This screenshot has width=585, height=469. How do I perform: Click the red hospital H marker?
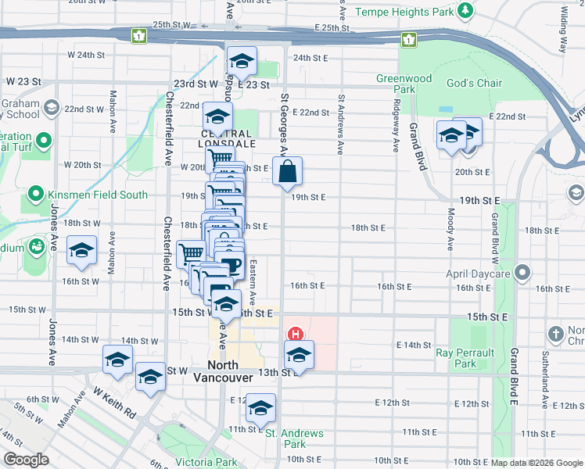point(296,334)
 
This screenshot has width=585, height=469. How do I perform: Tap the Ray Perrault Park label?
point(466,358)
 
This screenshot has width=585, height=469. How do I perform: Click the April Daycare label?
point(478,274)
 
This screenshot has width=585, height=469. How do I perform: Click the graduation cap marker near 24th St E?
point(242,62)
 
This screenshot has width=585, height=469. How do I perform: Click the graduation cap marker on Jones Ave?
point(81,251)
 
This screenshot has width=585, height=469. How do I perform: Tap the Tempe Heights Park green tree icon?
point(465,10)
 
